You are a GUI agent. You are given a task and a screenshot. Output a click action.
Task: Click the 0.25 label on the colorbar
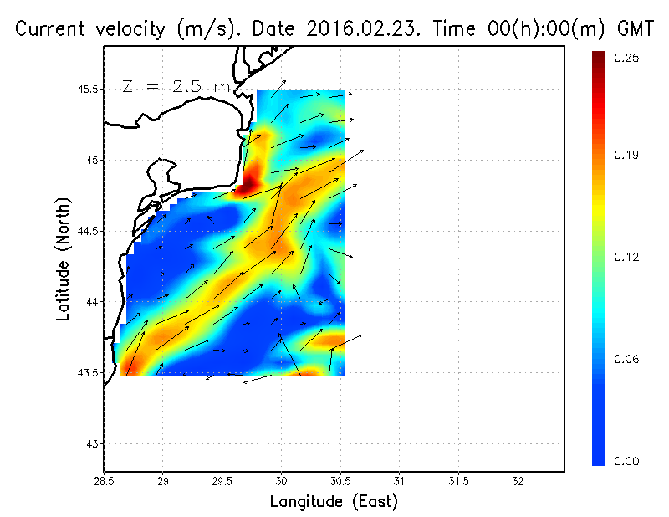pyautogui.click(x=627, y=58)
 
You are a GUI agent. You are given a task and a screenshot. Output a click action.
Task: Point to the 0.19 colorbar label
pyautogui.click(x=627, y=155)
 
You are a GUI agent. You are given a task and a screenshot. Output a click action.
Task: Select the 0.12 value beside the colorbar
pyautogui.click(x=627, y=257)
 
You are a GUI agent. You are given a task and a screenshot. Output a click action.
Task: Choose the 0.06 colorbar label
pyautogui.click(x=627, y=360)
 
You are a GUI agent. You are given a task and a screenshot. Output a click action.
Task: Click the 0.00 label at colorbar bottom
pyautogui.click(x=627, y=461)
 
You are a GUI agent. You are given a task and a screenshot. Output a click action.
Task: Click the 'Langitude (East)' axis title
pyautogui.click(x=334, y=501)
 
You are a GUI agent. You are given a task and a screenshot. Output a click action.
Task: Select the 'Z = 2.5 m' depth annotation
pyautogui.click(x=176, y=86)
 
